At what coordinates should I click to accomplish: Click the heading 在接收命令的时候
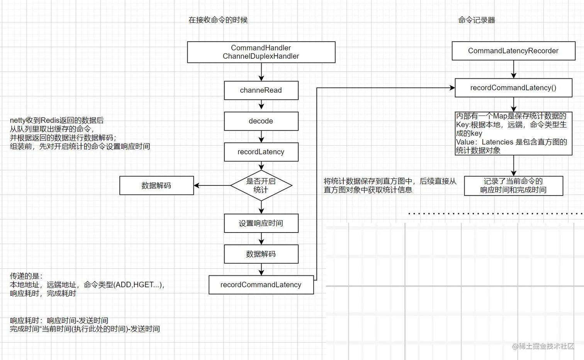pyautogui.click(x=218, y=20)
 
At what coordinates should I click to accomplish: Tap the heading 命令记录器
pyautogui.click(x=476, y=20)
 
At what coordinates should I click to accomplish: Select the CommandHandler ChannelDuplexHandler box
pyautogui.click(x=261, y=52)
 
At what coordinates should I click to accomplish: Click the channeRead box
pyautogui.click(x=261, y=90)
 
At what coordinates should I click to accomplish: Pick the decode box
pyautogui.click(x=261, y=121)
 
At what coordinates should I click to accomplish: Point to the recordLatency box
pyautogui.click(x=261, y=152)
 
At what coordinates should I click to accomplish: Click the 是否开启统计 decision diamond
pyautogui.click(x=261, y=186)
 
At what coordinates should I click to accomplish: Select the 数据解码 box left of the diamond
pyautogui.click(x=156, y=186)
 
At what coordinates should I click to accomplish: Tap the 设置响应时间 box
pyautogui.click(x=261, y=223)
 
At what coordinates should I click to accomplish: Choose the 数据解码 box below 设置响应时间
pyautogui.click(x=261, y=254)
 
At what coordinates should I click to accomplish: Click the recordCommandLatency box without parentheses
pyautogui.click(x=261, y=285)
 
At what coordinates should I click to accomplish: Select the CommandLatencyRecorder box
pyautogui.click(x=513, y=51)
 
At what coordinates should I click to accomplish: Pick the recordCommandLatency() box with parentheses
pyautogui.click(x=513, y=88)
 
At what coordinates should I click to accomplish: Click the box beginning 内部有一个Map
pyautogui.click(x=513, y=134)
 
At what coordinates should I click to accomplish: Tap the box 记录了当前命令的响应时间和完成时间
pyautogui.click(x=513, y=186)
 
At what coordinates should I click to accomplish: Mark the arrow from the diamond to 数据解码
pyautogui.click(x=212, y=186)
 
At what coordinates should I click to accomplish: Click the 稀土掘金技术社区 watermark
pyautogui.click(x=543, y=346)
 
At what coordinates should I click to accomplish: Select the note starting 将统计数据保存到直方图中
pyautogui.click(x=390, y=185)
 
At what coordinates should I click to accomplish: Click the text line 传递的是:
pyautogui.click(x=26, y=276)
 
